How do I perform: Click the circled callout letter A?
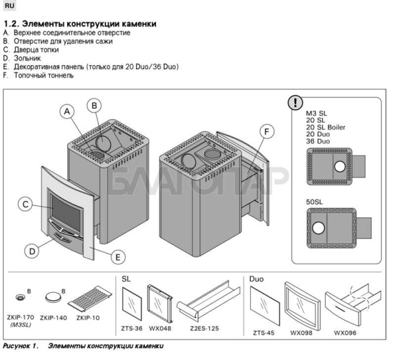[66, 111]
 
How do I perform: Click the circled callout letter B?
[95, 105]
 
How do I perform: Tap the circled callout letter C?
[24, 204]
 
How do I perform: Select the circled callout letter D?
[31, 250]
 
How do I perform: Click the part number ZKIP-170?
[25, 318]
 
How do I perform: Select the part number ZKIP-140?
[53, 318]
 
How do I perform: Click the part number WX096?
[345, 333]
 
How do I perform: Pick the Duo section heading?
[256, 279]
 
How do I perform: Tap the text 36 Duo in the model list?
[318, 141]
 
